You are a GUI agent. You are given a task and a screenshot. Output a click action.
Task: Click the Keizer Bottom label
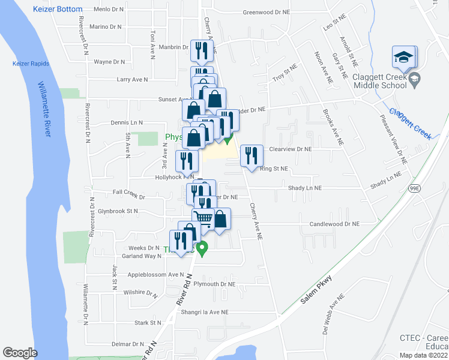pos(58,10)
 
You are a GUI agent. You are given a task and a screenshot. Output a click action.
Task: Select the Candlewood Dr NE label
pos(334,224)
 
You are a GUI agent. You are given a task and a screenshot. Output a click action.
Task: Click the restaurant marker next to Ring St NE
pos(252,156)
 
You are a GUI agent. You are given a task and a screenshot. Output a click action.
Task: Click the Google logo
pos(20,353)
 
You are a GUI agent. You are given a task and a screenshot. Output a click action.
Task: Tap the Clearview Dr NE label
pos(291,149)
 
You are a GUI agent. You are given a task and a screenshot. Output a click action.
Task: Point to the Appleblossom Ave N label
pos(155,275)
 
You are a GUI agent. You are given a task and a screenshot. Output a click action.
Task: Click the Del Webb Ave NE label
pos(333,319)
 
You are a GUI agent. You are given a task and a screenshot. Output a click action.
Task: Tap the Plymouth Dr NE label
pos(214,284)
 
